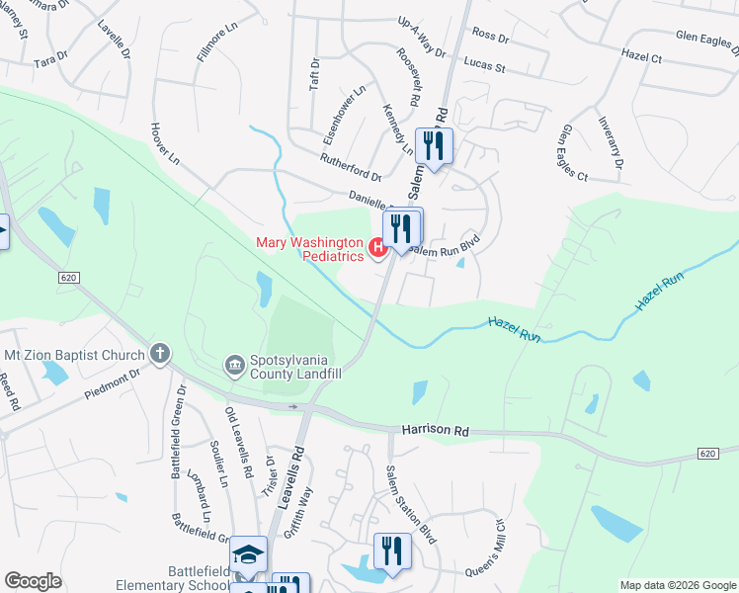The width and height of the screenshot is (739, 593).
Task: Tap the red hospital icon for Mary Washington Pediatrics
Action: (x=377, y=247)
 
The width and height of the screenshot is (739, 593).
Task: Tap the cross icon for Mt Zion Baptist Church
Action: (x=159, y=353)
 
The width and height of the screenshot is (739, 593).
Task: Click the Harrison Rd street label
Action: (x=436, y=431)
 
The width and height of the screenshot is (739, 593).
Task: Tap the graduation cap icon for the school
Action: (x=249, y=554)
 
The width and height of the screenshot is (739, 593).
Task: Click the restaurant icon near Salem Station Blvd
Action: (x=392, y=551)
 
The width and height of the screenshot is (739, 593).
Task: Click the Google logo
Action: (x=33, y=581)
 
